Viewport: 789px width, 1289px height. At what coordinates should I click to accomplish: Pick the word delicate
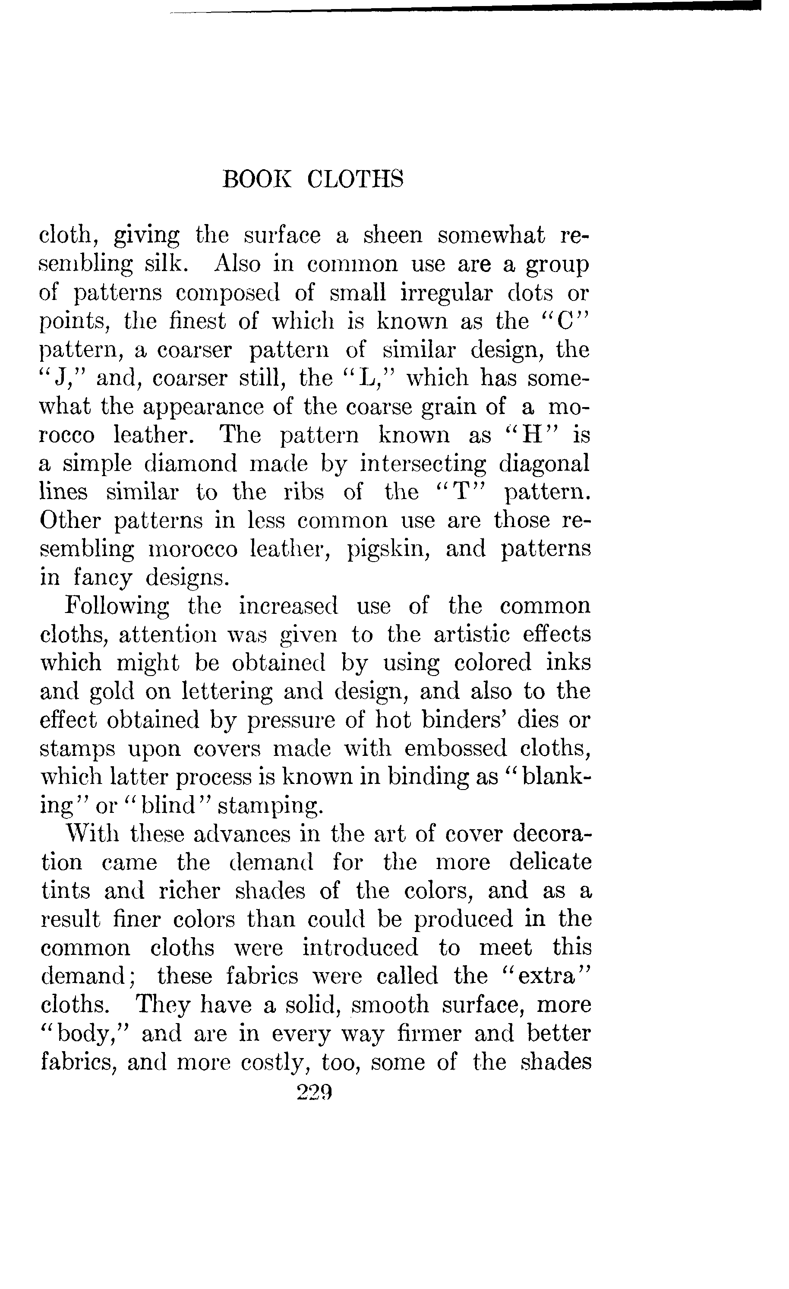[550, 862]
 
